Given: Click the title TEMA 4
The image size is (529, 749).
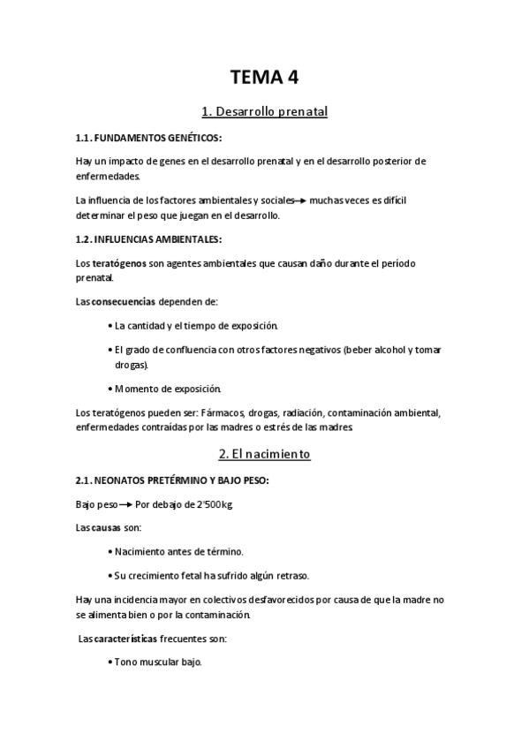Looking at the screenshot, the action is pyautogui.click(x=264, y=77).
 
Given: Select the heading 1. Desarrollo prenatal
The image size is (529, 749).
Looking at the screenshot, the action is pyautogui.click(x=264, y=112).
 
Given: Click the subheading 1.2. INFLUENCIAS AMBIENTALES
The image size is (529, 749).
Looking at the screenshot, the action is pyautogui.click(x=149, y=239).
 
